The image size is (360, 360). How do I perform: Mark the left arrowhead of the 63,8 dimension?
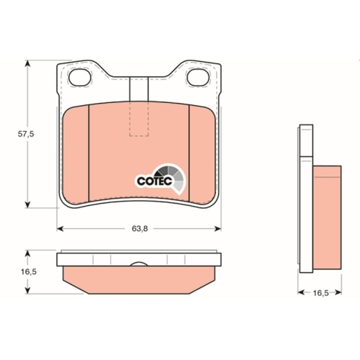click(x=60, y=229)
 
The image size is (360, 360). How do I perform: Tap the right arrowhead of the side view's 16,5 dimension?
click(x=338, y=294)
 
